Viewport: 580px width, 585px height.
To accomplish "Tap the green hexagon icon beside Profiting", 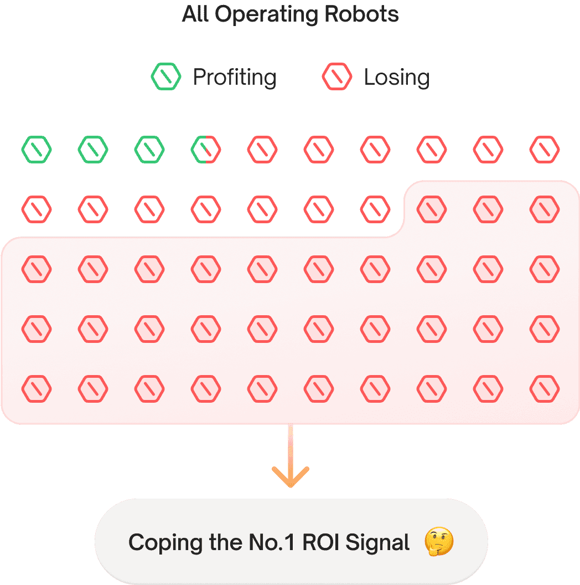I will [x=166, y=77].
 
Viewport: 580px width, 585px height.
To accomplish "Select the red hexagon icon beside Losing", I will [x=337, y=77].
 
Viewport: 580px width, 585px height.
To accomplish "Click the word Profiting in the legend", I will [x=234, y=77].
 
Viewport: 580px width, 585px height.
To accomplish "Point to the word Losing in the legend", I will [x=396, y=77].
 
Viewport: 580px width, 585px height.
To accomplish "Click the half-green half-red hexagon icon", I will [x=206, y=150].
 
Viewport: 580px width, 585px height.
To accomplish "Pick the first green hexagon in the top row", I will [x=37, y=150].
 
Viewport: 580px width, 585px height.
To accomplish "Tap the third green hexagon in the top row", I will [x=149, y=150].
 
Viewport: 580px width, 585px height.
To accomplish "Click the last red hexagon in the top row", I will [x=545, y=150].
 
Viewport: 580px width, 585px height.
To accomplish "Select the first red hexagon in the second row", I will [x=37, y=209].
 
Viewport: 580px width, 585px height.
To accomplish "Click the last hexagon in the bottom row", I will [x=545, y=389].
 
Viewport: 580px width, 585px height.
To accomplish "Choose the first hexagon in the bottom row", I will [x=37, y=389].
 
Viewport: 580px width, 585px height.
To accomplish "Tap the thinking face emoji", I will [x=439, y=542].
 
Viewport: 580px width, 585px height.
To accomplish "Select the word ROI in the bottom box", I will [x=321, y=542].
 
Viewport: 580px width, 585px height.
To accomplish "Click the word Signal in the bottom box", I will [x=377, y=542].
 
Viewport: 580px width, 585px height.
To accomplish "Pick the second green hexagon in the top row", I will [x=93, y=150].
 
